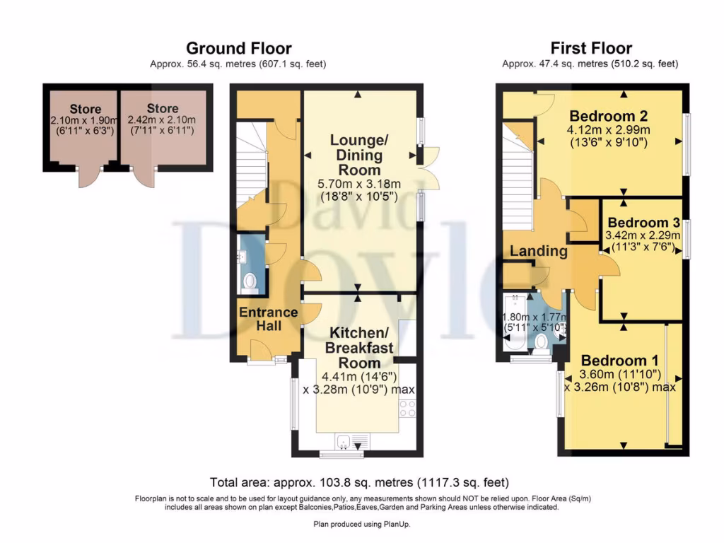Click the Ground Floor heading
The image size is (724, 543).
pos(239,48)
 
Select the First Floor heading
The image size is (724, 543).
pos(591,48)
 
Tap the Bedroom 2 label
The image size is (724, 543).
pos(609,115)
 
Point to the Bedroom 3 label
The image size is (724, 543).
pos(643,223)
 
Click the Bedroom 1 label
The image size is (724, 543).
pos(620,360)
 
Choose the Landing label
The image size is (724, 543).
pos(538,251)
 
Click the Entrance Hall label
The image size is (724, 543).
pos(268,319)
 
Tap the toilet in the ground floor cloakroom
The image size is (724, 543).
pos(250,282)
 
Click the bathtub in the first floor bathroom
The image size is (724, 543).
pos(515,322)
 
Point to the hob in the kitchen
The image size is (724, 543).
pos(407,408)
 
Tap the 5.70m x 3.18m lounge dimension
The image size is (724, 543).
pos(359,184)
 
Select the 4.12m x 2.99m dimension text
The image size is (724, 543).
pos(609,130)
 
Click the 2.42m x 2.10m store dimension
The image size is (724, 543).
pos(162,119)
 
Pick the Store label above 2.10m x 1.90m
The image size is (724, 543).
pos(86,109)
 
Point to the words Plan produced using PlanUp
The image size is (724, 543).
pos(361,524)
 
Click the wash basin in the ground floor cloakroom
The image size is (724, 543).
pos(242,256)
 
